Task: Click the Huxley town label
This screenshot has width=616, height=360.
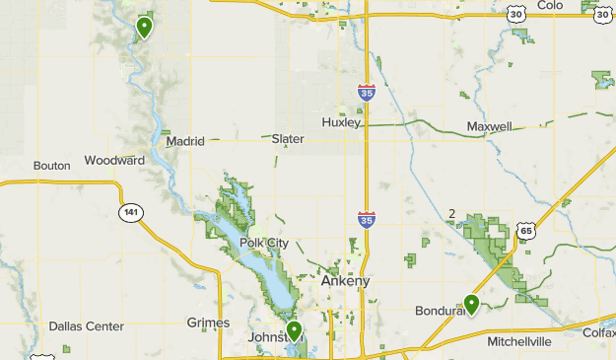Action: tap(342, 122)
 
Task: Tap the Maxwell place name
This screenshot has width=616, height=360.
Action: tap(489, 127)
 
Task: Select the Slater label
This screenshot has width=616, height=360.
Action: tap(287, 139)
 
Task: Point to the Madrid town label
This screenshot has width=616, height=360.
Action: tap(184, 141)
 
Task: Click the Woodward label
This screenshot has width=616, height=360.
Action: tap(114, 160)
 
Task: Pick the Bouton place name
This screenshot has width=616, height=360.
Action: tap(51, 166)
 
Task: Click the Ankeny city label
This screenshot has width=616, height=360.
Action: tap(345, 281)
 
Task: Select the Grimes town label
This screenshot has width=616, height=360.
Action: tap(208, 323)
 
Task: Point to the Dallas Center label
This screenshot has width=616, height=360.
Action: tap(87, 326)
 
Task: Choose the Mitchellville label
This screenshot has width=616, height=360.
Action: tap(533, 341)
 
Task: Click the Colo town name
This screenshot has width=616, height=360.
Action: tap(551, 5)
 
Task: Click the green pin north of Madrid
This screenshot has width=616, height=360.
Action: tap(144, 27)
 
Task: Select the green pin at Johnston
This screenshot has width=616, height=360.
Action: tap(293, 330)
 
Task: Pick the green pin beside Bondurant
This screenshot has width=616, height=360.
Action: tap(471, 304)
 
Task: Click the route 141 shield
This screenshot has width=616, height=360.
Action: tap(131, 212)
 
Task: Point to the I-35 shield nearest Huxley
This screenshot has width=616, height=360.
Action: tap(366, 94)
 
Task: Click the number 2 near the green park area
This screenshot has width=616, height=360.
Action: tap(451, 214)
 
